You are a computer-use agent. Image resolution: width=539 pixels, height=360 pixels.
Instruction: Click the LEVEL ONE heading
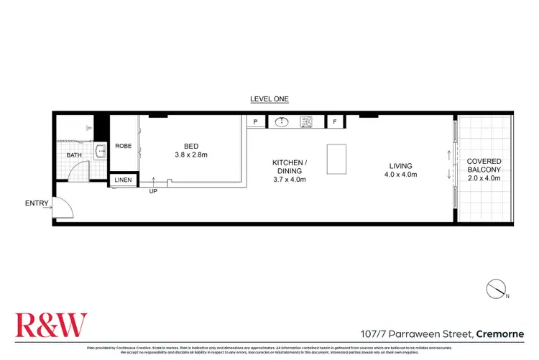[x=269, y=99]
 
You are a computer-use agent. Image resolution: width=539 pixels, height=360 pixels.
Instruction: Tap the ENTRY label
[x=36, y=203]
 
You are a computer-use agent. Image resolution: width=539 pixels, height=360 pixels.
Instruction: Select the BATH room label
[x=74, y=155]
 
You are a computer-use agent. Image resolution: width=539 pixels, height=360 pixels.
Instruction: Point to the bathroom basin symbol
[x=100, y=152]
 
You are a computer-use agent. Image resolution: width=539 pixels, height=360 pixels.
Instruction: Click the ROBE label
[x=123, y=146]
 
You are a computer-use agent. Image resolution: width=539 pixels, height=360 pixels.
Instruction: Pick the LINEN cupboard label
[x=123, y=180]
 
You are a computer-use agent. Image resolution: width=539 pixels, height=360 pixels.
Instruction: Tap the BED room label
[x=191, y=146]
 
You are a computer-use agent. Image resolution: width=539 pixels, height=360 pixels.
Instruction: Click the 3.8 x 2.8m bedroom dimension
[x=191, y=154]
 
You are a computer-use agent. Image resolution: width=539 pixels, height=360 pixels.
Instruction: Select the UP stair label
[x=153, y=191]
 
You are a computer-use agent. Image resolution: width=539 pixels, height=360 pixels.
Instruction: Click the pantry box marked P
[x=255, y=122]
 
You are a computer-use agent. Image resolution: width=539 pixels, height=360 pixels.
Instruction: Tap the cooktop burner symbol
[x=305, y=121]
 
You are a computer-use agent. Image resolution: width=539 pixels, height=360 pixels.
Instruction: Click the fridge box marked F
[x=334, y=122]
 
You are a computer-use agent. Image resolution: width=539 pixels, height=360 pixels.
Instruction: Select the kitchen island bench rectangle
[x=336, y=159]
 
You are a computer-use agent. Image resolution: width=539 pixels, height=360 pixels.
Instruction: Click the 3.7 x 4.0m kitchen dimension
[x=290, y=179]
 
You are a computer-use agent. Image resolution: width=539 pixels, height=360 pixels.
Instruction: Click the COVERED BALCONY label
[x=484, y=165]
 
